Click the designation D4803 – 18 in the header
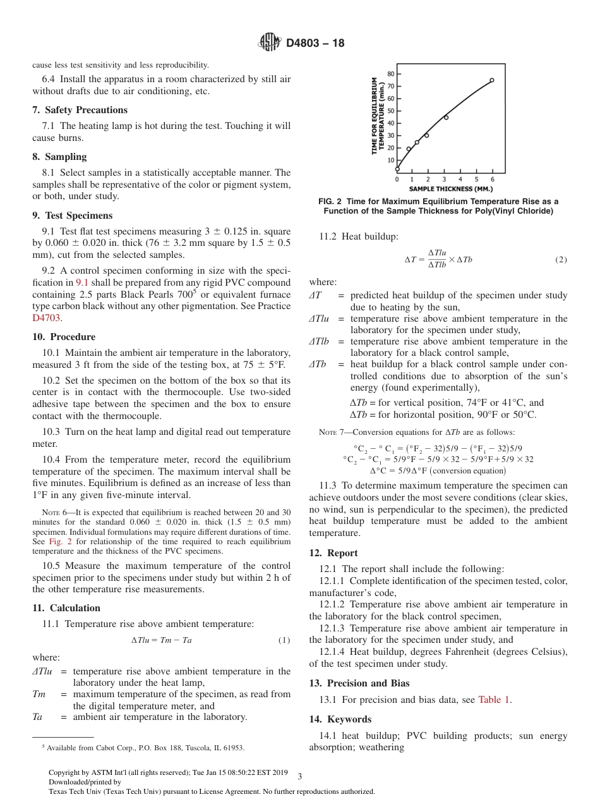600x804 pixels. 315,44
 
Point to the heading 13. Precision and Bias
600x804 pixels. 359,683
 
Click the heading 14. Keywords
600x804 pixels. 340,719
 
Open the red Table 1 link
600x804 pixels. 495,699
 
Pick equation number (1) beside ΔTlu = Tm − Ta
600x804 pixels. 284,640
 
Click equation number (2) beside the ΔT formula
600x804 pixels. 561,260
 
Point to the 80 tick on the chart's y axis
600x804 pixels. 391,74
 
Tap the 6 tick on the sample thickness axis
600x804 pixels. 493,180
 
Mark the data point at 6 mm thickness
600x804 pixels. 492,80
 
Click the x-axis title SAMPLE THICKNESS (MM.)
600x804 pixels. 450,188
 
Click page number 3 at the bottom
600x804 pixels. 299,777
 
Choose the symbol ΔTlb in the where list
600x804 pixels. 320,341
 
